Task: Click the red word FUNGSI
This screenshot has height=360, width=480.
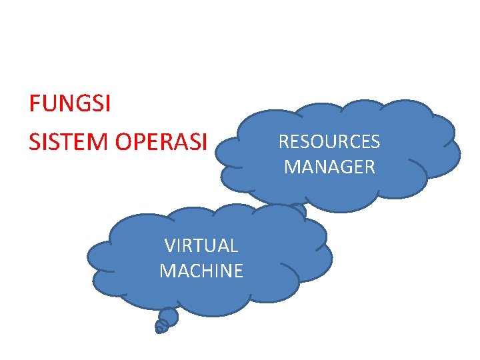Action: (70, 105)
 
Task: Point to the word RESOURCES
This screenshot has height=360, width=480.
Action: (329, 142)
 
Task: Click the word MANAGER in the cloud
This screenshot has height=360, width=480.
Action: (329, 167)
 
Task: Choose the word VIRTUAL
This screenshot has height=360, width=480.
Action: (201, 246)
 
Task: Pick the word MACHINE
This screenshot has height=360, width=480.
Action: (201, 271)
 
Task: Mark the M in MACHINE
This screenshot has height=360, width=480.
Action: (167, 271)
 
